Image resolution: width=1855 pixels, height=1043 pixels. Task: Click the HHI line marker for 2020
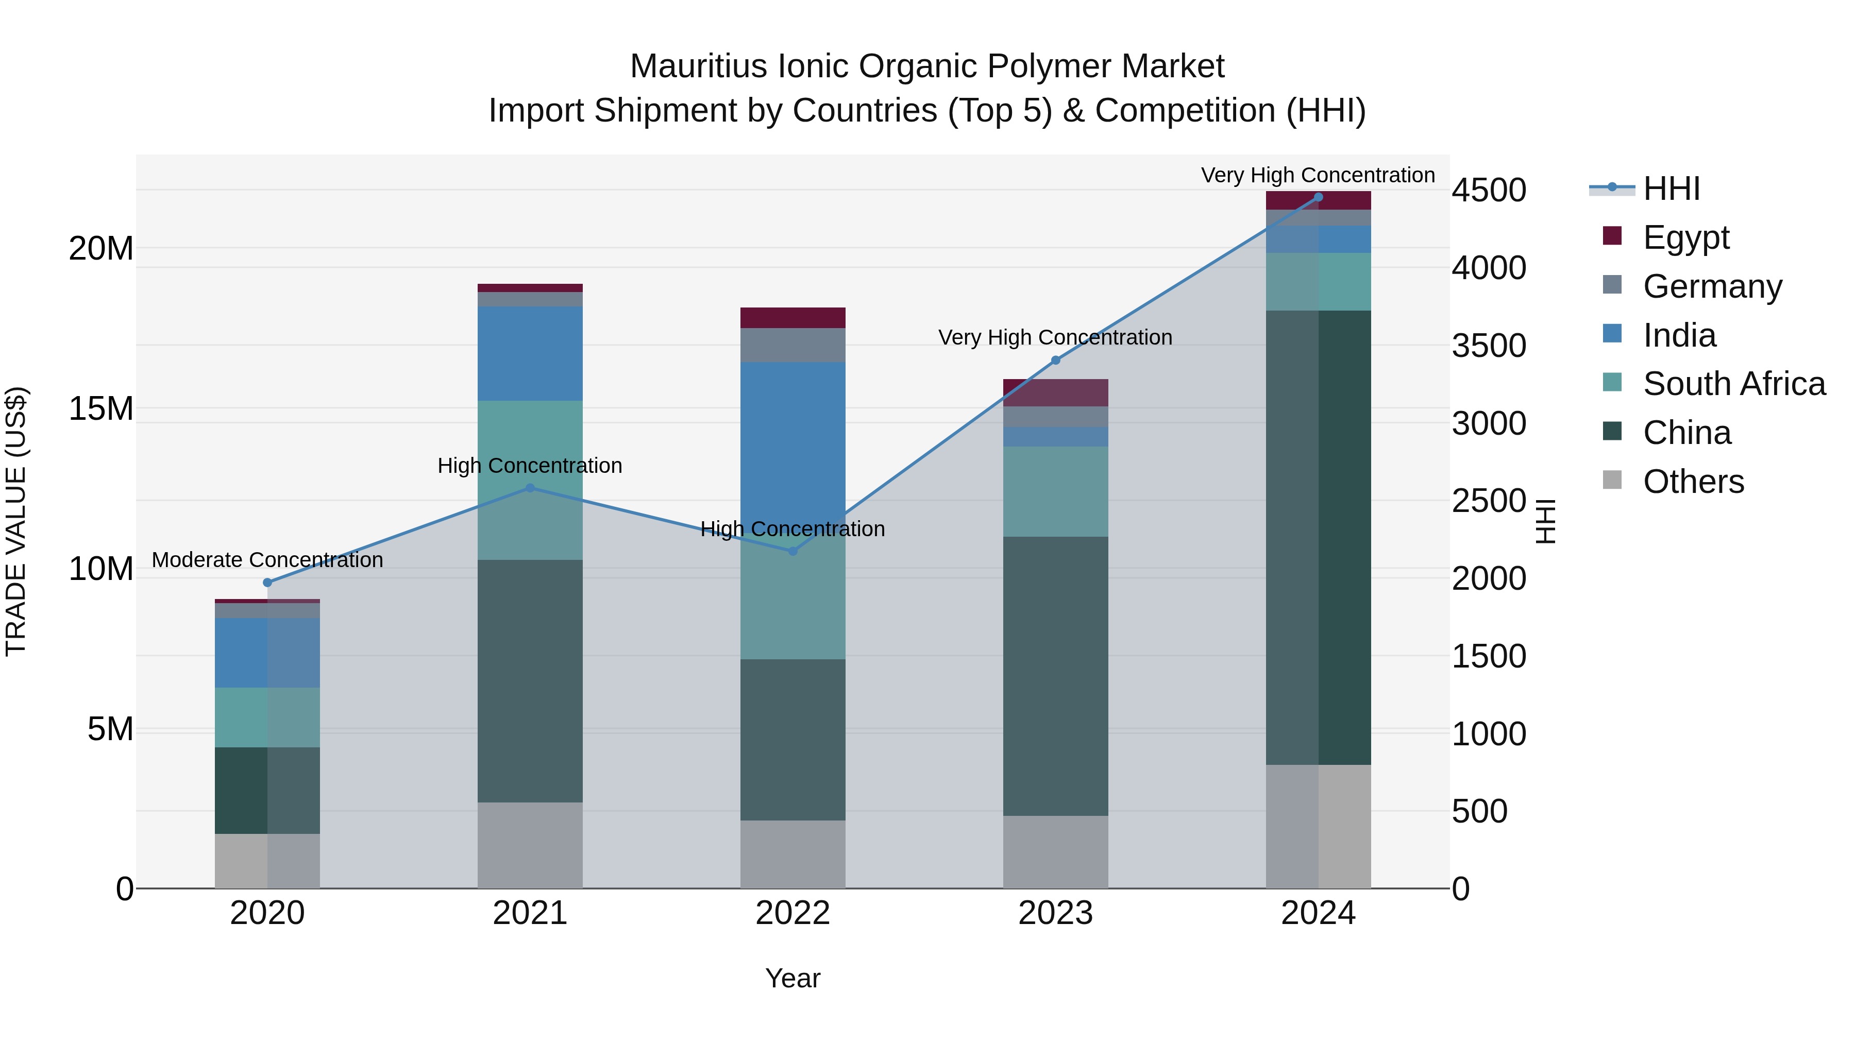[267, 583]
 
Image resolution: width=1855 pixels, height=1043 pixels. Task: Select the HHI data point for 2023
[1056, 360]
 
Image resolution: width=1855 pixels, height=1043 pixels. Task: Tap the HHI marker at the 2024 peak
[1319, 197]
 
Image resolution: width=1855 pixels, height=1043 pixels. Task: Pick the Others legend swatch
[1612, 480]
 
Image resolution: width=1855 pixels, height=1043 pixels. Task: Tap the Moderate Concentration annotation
[267, 560]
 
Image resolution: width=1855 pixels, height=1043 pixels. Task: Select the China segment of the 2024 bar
[1319, 537]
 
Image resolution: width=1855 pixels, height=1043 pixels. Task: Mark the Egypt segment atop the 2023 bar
[1056, 392]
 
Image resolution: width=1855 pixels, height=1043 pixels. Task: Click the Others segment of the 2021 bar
[530, 845]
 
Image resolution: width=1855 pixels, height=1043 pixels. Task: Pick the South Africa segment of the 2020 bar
[267, 717]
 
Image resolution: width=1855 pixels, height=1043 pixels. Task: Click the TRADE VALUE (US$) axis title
[16, 521]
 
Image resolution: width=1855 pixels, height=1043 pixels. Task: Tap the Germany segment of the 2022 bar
[793, 345]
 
